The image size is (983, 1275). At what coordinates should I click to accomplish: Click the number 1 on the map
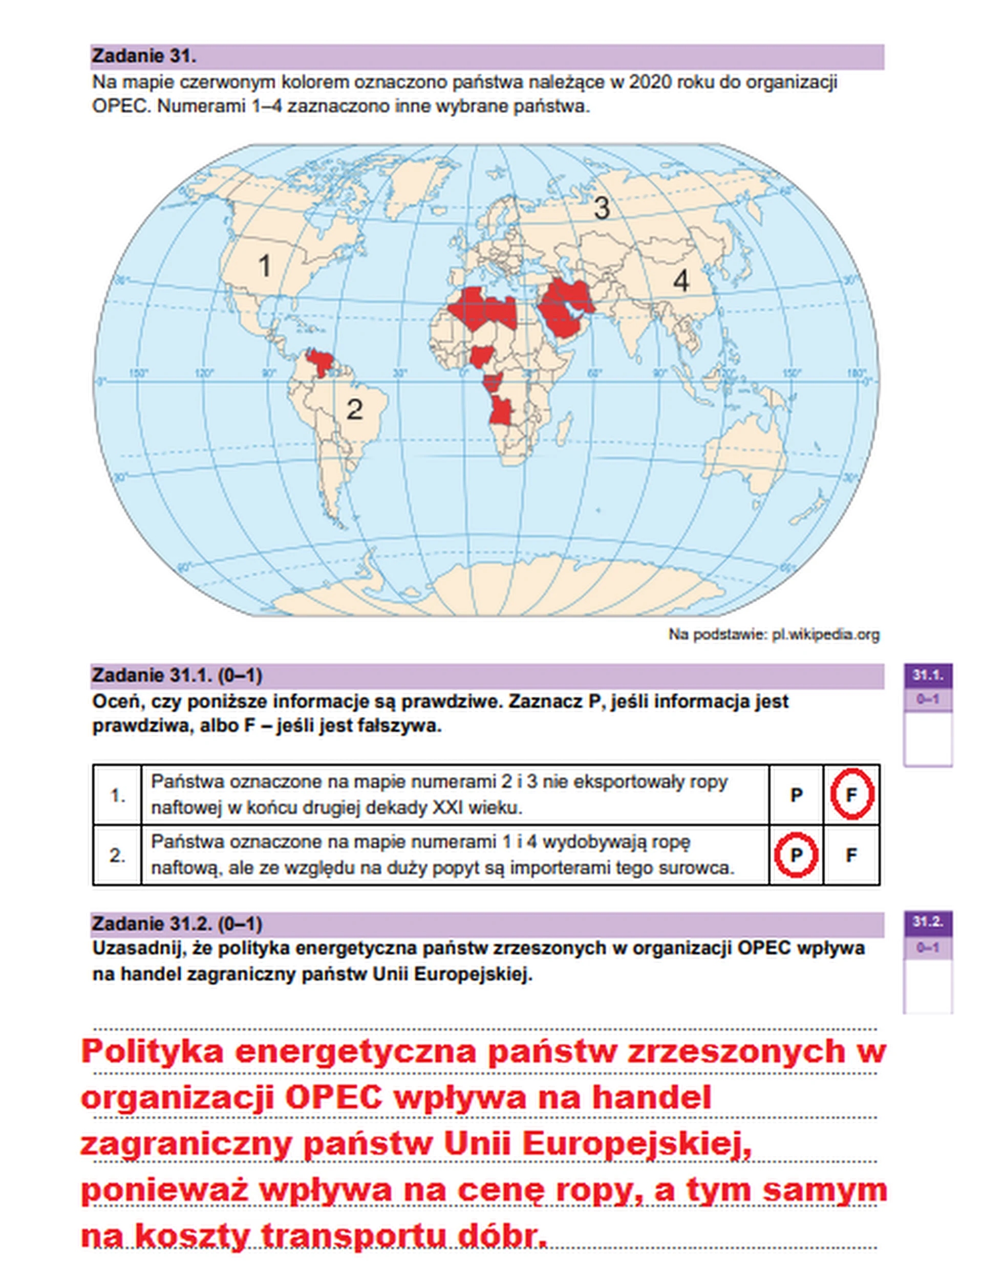[265, 266]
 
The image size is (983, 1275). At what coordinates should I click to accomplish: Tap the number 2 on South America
[354, 409]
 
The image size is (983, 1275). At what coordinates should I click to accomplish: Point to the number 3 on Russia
[602, 208]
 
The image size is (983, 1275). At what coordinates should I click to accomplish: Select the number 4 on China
[681, 281]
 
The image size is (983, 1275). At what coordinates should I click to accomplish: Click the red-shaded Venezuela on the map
[320, 362]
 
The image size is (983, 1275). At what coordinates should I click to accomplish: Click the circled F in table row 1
[851, 795]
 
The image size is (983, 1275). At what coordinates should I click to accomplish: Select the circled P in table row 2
[796, 855]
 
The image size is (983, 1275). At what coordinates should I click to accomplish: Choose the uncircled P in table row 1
[796, 795]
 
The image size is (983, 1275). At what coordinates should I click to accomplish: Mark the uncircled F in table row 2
[851, 855]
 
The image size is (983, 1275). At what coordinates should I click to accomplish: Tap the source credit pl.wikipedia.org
[825, 634]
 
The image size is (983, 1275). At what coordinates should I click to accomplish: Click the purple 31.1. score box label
[928, 675]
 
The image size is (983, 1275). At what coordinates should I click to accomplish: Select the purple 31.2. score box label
[928, 922]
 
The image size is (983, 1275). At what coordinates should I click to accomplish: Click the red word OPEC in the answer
[333, 1097]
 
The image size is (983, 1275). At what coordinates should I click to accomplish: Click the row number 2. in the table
[117, 855]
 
